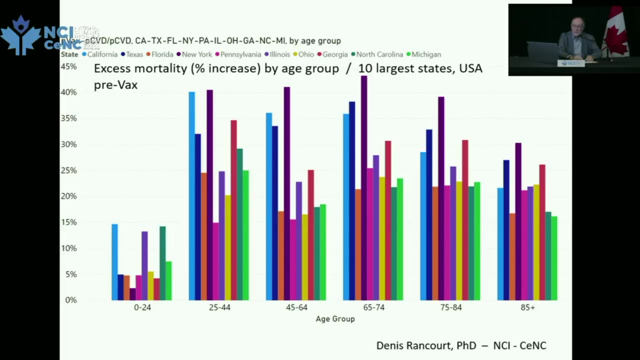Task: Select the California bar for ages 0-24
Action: [114, 262]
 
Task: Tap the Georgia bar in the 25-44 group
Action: [233, 210]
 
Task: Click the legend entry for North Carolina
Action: [378, 54]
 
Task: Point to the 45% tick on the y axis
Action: [68, 66]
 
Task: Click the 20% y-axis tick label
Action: [68, 196]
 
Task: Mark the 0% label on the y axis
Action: [70, 300]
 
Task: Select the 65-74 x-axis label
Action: [373, 307]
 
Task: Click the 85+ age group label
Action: [527, 307]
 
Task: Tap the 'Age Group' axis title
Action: [335, 319]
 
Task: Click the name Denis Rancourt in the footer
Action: [413, 345]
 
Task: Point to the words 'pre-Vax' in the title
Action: [115, 85]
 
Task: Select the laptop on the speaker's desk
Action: [542, 52]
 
